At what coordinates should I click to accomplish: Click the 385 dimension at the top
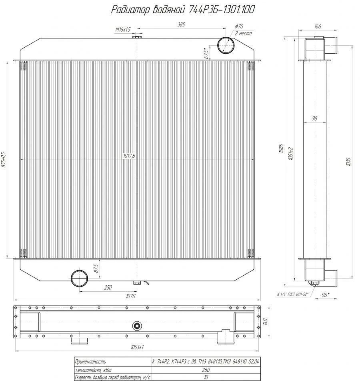click(181, 25)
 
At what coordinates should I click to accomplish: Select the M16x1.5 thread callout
click(123, 30)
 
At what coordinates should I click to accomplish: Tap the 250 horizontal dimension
click(108, 287)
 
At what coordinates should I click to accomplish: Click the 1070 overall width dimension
click(131, 297)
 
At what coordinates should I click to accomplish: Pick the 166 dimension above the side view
click(318, 26)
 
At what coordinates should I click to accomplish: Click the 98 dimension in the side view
click(315, 118)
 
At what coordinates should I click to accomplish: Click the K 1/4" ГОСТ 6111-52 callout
click(292, 294)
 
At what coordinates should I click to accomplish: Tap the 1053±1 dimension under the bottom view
click(137, 347)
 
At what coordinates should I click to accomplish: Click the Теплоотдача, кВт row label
click(90, 370)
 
